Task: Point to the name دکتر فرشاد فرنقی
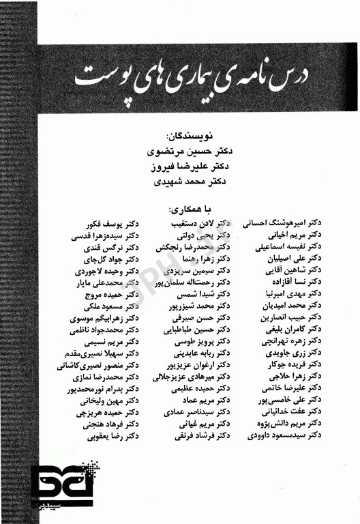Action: (207, 435)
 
